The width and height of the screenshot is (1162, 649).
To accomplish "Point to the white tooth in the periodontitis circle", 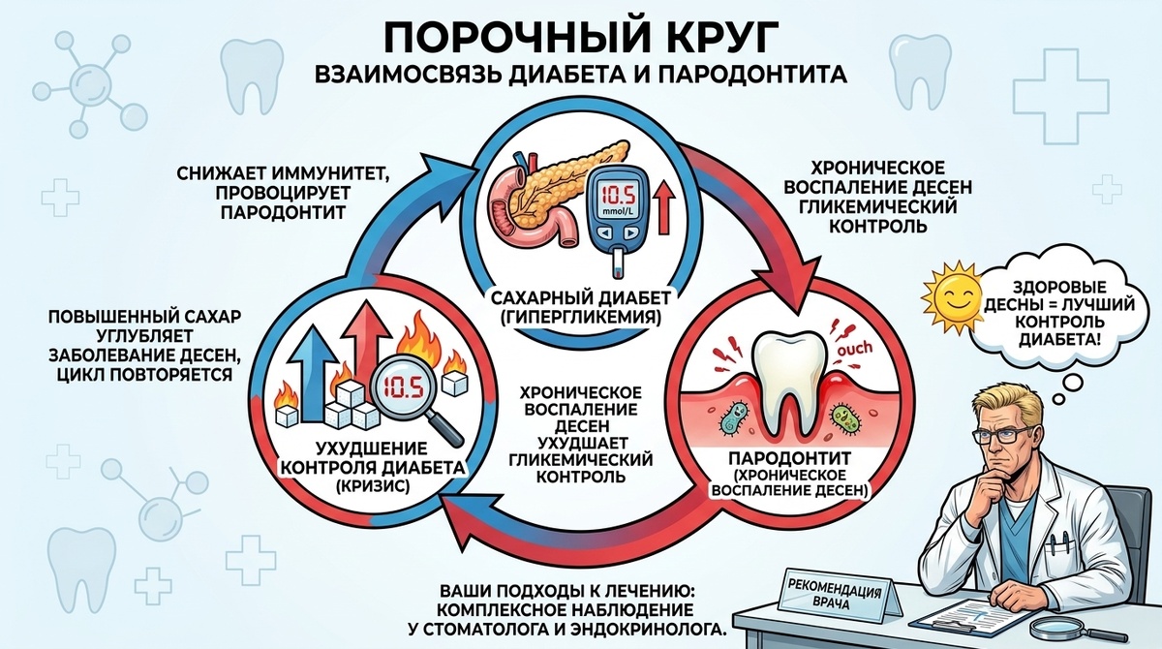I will (x=787, y=383).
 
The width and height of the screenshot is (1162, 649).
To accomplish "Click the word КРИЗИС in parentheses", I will (x=368, y=487).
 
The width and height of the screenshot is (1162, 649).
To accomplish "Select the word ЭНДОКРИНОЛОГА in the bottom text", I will (x=656, y=630).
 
